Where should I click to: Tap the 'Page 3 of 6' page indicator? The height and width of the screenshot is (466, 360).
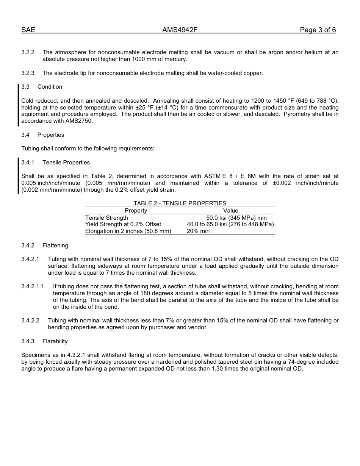pos(318,30)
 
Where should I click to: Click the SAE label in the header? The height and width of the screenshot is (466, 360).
pos(28,30)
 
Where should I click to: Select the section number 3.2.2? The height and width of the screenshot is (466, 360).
pos(28,52)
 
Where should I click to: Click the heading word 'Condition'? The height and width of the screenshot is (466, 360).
pos(50,87)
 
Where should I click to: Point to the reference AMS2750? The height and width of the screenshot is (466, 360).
pos(79,121)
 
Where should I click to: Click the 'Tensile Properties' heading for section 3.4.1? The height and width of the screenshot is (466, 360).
pos(66,163)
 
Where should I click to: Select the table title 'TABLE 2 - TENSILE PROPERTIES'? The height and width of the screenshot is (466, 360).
pos(180,203)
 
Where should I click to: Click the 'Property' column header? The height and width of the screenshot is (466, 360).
pos(136,211)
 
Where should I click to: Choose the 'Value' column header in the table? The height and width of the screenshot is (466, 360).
pos(230,211)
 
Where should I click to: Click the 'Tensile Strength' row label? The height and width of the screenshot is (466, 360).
pos(106,218)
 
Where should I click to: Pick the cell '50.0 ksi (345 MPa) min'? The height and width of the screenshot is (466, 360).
pos(236,218)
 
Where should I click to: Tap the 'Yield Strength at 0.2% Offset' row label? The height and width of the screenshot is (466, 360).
pos(123,224)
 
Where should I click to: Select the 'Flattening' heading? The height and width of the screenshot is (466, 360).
pos(55,246)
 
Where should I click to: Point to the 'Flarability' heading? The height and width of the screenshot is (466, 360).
pos(55,341)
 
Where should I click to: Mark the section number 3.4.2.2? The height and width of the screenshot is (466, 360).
pos(30,321)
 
